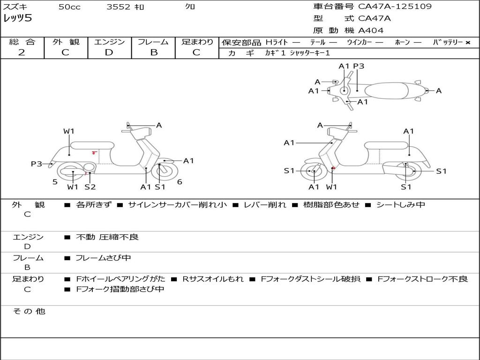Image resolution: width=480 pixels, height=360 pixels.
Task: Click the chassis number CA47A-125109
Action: point(395,7)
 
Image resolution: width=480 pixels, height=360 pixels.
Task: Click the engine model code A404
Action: point(371,30)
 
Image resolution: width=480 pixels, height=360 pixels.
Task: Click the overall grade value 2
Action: point(22,52)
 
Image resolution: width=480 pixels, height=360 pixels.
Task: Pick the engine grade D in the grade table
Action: point(109,52)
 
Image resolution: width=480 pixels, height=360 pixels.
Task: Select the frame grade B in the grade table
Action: point(153,52)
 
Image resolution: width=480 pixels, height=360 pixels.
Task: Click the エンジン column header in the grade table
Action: point(109,42)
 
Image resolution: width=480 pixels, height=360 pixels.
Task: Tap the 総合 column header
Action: point(22,42)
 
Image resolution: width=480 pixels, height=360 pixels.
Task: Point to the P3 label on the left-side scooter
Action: point(37,164)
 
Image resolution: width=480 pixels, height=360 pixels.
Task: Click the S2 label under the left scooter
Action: point(90,187)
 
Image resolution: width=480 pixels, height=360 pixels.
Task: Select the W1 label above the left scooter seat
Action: point(69,131)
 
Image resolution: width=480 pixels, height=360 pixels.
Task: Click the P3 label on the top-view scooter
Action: point(359,66)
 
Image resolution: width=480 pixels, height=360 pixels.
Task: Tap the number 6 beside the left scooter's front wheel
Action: point(180,182)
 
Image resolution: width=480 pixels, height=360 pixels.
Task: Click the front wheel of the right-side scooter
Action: point(313,172)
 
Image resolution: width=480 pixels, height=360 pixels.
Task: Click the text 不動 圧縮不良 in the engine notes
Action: point(107,237)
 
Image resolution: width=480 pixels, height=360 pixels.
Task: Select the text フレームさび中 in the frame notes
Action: point(103,258)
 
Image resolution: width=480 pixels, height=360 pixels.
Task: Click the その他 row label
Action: point(29,311)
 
